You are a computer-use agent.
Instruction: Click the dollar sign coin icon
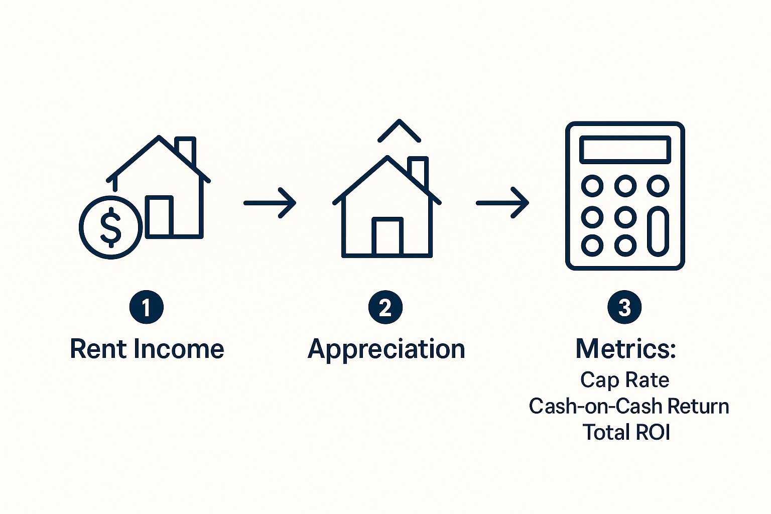tap(111, 227)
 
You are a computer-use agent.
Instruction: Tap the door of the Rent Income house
tap(159, 216)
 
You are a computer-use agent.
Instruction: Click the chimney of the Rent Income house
tap(185, 149)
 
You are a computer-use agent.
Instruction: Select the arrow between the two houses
tap(270, 203)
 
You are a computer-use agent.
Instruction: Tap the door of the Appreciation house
tap(387, 236)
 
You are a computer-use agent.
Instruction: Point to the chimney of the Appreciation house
tap(418, 172)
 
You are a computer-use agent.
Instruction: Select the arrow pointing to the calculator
tap(502, 203)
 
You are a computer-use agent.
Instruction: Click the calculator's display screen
tap(625, 150)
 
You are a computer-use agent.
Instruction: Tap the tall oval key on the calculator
tap(658, 231)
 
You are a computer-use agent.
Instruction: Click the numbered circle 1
tap(146, 307)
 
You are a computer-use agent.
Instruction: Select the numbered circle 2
tap(385, 307)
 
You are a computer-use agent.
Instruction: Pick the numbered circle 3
tap(624, 307)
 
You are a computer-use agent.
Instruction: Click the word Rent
tap(98, 349)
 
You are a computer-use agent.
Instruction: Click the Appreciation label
tap(387, 350)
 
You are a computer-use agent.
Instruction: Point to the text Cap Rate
tap(625, 380)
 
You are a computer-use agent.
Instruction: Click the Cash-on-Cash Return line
tap(629, 406)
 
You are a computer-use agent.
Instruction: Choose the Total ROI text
tap(626, 432)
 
